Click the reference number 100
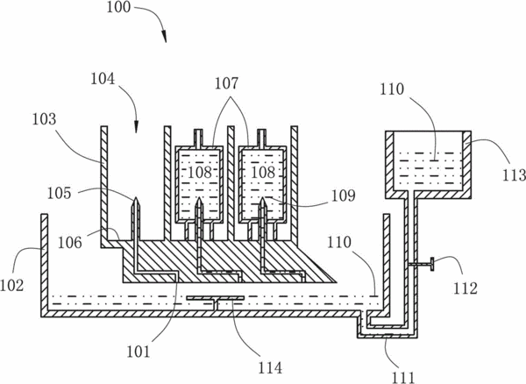118,7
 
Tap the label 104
103,79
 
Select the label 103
44,119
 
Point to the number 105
59,194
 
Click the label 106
70,243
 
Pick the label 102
11,286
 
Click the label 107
226,83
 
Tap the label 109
343,196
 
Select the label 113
514,175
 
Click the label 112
466,288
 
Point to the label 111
403,378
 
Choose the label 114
270,368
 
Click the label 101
139,352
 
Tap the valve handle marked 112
432,264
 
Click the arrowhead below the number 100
164,36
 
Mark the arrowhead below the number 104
136,126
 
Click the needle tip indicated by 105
135,197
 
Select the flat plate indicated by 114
216,298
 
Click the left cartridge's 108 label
200,173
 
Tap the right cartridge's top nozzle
261,138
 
